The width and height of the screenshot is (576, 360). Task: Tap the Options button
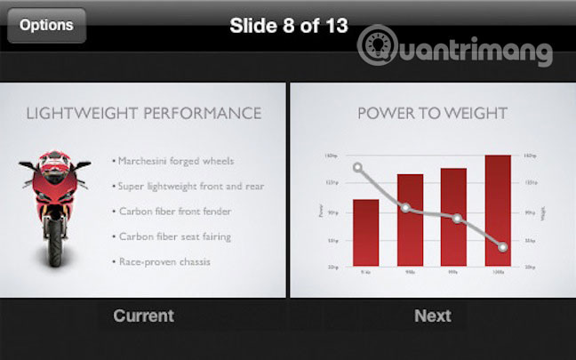pos(46,26)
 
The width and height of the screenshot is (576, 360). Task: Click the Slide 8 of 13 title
pos(288,25)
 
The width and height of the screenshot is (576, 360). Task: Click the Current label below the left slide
pos(143,316)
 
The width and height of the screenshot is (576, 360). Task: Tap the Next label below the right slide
pos(432,316)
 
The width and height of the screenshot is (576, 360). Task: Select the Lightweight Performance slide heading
pos(143,114)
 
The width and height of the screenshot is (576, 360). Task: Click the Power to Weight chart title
pos(432,114)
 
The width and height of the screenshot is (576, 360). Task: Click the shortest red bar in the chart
pos(365,233)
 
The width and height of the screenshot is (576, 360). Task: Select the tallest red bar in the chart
pos(498,212)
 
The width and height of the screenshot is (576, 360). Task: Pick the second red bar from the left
pos(410,220)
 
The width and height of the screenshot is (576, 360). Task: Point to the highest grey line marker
pos(358,167)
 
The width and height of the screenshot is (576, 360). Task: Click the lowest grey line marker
pos(503,246)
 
